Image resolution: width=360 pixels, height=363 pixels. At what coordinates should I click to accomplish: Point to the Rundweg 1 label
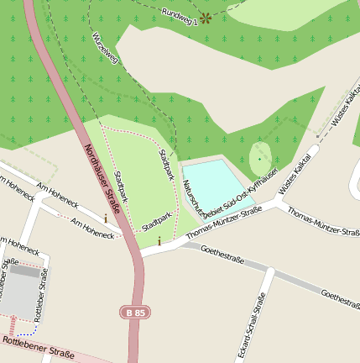tap(179, 17)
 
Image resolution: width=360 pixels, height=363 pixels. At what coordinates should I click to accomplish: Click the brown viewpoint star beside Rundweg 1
tap(206, 18)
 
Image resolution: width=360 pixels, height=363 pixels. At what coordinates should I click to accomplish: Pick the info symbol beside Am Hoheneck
tap(106, 218)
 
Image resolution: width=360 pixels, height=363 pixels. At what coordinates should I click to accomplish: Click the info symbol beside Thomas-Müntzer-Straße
tap(159, 241)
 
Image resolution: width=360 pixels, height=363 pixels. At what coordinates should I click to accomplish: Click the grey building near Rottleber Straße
tap(21, 291)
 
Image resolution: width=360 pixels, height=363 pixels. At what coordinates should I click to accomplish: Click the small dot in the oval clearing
tap(259, 158)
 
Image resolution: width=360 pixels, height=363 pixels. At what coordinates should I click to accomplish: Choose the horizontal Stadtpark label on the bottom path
tap(157, 221)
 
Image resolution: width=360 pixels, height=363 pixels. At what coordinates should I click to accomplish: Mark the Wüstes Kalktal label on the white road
tap(295, 174)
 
